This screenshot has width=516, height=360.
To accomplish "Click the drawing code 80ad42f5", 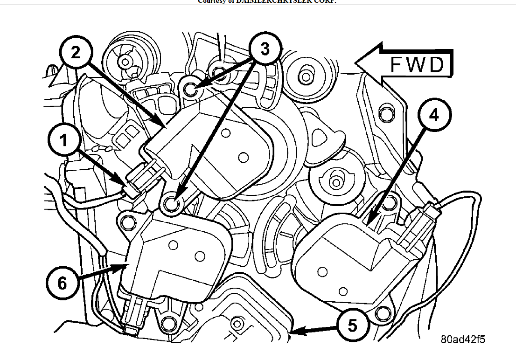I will [462, 339].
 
